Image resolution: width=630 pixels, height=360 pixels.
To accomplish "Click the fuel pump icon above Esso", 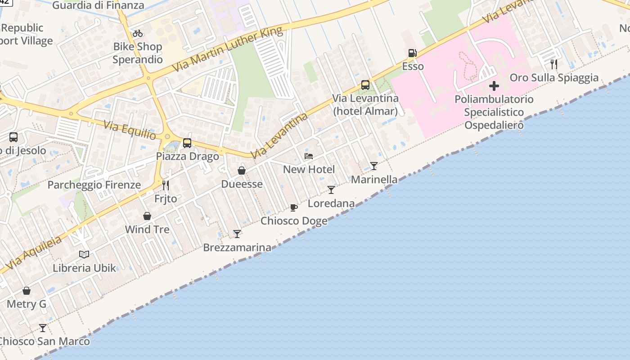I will pyautogui.click(x=412, y=53).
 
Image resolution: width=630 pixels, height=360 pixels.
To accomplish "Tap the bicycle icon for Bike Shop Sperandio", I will pyautogui.click(x=138, y=33).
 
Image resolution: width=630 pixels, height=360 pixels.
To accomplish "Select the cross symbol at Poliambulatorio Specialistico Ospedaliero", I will pyautogui.click(x=494, y=85).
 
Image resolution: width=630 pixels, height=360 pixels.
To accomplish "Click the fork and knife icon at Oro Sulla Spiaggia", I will pyautogui.click(x=554, y=64).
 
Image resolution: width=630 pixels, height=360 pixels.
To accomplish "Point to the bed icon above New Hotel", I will pyautogui.click(x=309, y=156).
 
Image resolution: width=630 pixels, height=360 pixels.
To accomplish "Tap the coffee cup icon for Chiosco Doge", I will pyautogui.click(x=294, y=207).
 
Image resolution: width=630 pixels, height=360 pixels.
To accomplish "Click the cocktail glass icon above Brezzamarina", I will pyautogui.click(x=237, y=234).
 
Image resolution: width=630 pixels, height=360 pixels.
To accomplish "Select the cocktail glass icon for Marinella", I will pyautogui.click(x=374, y=166).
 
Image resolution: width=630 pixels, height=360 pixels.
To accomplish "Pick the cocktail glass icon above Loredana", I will pyautogui.click(x=331, y=190).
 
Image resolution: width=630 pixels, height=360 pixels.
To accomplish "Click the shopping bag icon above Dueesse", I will pyautogui.click(x=242, y=171).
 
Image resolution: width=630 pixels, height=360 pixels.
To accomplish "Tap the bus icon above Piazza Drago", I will pyautogui.click(x=187, y=143).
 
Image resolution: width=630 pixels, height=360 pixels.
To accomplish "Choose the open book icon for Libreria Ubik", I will pyautogui.click(x=84, y=255).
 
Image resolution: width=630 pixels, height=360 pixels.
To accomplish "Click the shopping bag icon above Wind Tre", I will pyautogui.click(x=147, y=216).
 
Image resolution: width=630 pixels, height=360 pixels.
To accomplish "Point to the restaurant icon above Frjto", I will pyautogui.click(x=166, y=185).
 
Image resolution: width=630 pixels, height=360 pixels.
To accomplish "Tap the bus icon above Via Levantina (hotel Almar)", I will pyautogui.click(x=365, y=85).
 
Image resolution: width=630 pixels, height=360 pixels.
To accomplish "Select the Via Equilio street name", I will pyautogui.click(x=130, y=130).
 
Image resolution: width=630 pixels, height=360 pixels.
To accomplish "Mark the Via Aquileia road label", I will pyautogui.click(x=33, y=253).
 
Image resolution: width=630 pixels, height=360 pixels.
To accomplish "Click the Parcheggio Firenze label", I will pyautogui.click(x=94, y=185).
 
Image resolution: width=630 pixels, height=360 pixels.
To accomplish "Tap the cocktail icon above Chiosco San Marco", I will pyautogui.click(x=43, y=328).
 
